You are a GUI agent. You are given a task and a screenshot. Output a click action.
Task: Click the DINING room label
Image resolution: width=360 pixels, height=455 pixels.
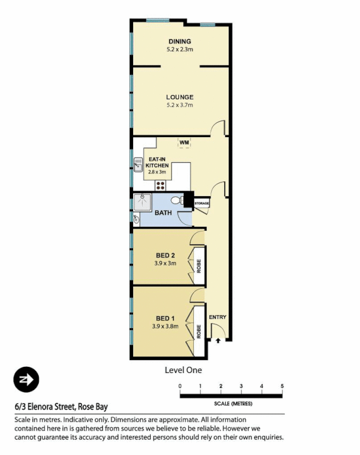179,42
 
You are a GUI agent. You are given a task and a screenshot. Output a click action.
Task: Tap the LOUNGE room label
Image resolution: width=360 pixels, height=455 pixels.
180,97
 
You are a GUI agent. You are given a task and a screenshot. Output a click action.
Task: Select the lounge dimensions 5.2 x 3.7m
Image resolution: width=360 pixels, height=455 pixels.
180,105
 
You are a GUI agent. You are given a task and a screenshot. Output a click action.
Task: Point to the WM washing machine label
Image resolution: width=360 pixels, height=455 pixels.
184,142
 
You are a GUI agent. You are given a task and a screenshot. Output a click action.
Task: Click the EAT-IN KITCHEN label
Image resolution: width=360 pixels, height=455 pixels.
158,162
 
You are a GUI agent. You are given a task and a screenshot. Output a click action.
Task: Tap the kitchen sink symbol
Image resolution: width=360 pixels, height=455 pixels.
138,164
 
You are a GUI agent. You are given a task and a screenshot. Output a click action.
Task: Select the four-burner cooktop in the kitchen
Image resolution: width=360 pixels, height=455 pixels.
161,184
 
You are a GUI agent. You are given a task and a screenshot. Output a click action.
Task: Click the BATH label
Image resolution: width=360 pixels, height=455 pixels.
163,213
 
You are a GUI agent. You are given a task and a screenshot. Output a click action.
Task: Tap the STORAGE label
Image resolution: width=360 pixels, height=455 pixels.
202,203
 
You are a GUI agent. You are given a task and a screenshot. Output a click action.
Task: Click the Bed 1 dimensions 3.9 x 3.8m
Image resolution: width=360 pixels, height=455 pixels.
165,326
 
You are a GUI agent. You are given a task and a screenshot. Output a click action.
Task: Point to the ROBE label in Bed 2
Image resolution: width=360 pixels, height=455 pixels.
198,266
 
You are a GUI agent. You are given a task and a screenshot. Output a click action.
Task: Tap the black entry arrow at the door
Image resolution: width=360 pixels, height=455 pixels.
218,341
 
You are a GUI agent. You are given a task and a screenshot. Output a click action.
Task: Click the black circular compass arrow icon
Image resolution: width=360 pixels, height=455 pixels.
26,379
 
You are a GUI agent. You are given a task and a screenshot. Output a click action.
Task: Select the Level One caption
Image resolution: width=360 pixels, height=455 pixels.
183,370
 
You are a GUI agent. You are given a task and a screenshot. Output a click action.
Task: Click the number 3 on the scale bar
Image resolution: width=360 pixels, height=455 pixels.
241,387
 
